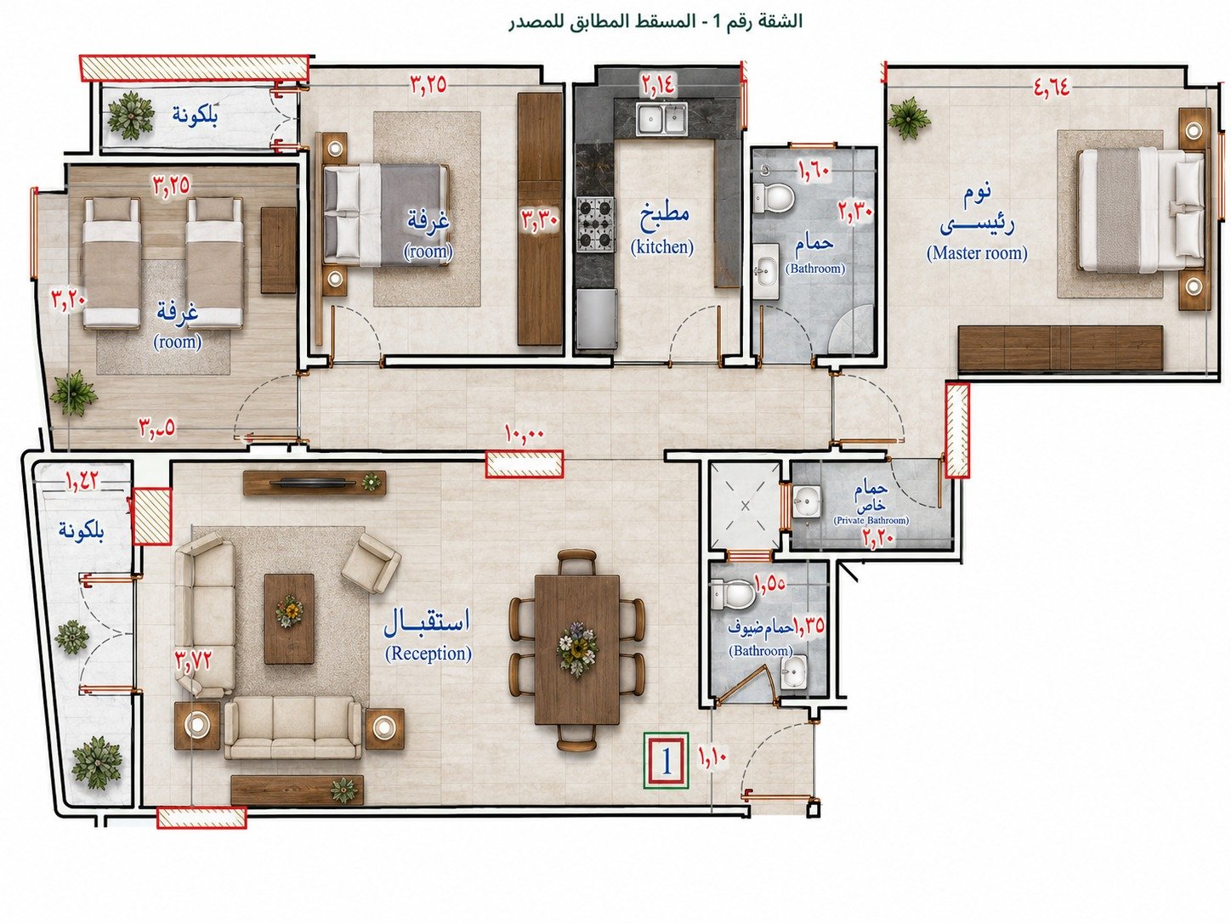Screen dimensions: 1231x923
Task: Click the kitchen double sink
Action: pyautogui.click(x=661, y=119)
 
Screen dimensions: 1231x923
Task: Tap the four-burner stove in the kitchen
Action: pyautogui.click(x=596, y=224)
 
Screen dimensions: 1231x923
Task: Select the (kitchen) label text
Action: pyautogui.click(x=661, y=247)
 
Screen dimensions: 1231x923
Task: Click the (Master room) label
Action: pyautogui.click(x=977, y=253)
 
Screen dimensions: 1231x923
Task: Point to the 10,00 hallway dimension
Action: pyautogui.click(x=525, y=433)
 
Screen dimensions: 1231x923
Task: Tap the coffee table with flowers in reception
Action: pyautogui.click(x=289, y=618)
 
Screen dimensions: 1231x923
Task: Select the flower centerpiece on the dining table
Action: pyautogui.click(x=577, y=648)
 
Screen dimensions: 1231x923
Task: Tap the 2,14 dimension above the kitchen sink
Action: pyautogui.click(x=658, y=84)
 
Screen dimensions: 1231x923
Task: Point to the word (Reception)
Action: pyautogui.click(x=428, y=654)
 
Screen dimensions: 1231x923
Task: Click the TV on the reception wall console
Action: pyautogui.click(x=314, y=481)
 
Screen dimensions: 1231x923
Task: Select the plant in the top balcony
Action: pyautogui.click(x=131, y=116)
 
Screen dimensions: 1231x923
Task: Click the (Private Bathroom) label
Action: pyautogui.click(x=871, y=520)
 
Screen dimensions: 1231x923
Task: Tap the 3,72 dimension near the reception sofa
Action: pyautogui.click(x=194, y=659)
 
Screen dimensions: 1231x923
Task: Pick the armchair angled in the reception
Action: pyautogui.click(x=371, y=562)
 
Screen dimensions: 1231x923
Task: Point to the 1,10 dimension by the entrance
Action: pyautogui.click(x=712, y=756)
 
